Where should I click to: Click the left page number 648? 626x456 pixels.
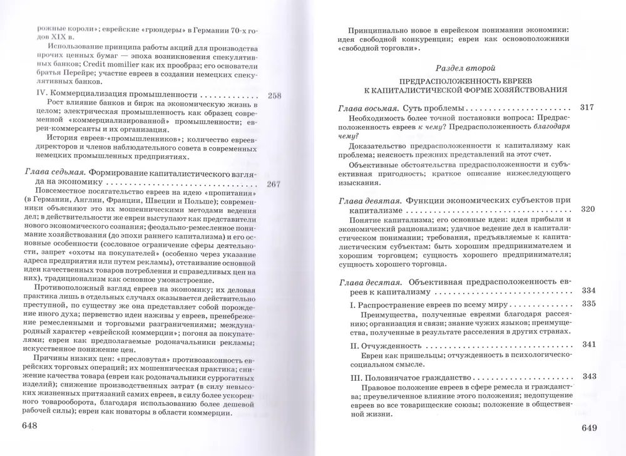(30, 426)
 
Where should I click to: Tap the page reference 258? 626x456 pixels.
(275, 96)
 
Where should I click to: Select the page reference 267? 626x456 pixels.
(275, 184)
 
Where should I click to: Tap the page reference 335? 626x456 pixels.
(588, 304)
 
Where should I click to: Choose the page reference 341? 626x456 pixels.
(588, 344)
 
